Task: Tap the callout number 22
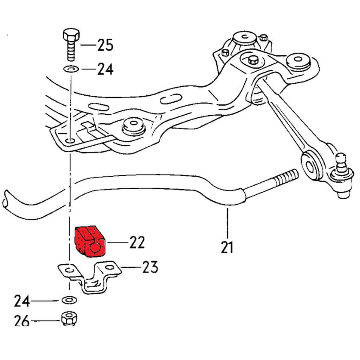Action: pos(137,242)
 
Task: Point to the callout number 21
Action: pos(227,247)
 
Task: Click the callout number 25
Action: pos(105,45)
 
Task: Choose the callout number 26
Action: pos(22,321)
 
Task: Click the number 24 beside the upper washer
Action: pos(105,70)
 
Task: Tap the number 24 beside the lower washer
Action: pos(22,301)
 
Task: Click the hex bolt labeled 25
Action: pos(71,44)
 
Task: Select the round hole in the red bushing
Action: pos(95,247)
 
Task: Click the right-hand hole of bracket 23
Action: pos(110,268)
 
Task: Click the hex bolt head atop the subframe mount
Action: pos(253,60)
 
